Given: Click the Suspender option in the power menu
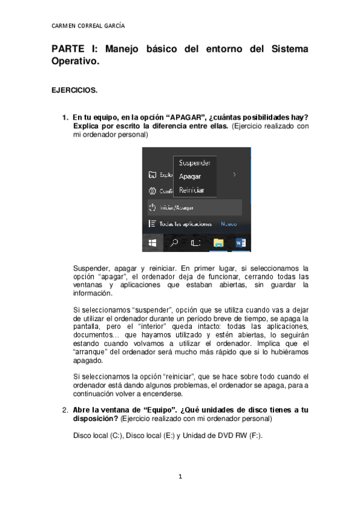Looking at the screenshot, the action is (x=194, y=163).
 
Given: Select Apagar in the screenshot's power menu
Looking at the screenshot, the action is (x=190, y=176).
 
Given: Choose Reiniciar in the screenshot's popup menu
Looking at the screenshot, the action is (x=192, y=190).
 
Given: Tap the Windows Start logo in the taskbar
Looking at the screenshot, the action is (x=153, y=243).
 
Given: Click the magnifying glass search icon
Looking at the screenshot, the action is (x=174, y=243).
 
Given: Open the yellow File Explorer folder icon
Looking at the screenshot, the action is (x=219, y=243).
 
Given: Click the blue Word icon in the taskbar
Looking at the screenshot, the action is (x=242, y=243).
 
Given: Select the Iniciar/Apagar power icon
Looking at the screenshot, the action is (x=152, y=207).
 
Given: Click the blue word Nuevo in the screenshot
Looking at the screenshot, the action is (x=229, y=223).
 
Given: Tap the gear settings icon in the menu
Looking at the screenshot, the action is (x=152, y=191).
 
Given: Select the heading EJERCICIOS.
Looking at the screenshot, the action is (x=74, y=90).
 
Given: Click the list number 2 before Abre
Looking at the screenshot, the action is (x=65, y=410).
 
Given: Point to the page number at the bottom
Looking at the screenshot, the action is (x=180, y=476).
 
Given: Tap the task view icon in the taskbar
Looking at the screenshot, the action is (x=195, y=243).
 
